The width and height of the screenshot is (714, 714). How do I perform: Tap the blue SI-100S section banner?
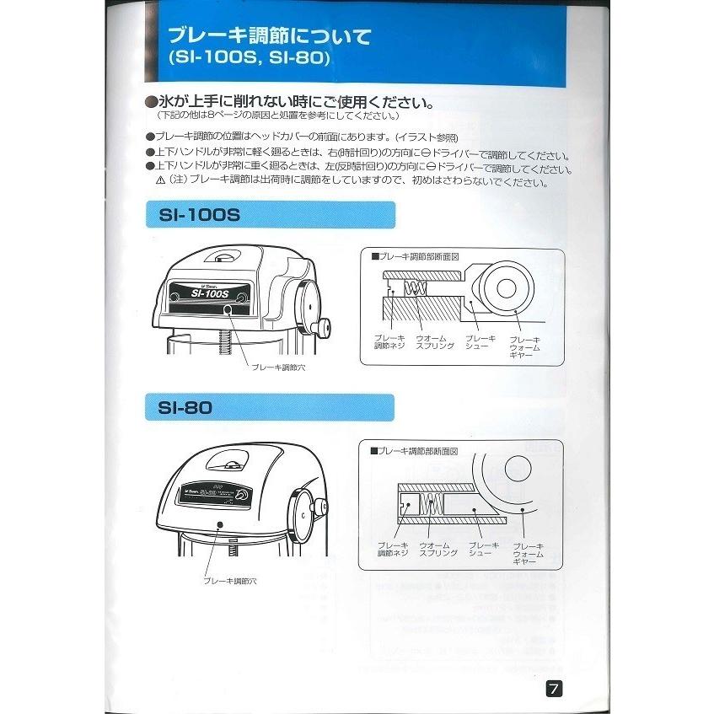[x=268, y=215]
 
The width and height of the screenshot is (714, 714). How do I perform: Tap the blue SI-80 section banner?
[x=268, y=408]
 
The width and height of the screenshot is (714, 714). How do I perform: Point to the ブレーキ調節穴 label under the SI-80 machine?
[x=228, y=581]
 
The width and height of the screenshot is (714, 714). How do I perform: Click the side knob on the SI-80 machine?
[x=321, y=506]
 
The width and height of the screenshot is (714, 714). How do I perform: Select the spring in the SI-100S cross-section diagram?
[x=414, y=289]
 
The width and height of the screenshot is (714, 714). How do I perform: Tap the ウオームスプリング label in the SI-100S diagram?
[x=436, y=342]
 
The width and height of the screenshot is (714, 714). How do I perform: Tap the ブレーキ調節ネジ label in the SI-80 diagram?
[x=393, y=549]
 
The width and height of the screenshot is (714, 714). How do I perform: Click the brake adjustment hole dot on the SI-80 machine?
[x=220, y=524]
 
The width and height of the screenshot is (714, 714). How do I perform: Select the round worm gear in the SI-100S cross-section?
[x=510, y=287]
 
